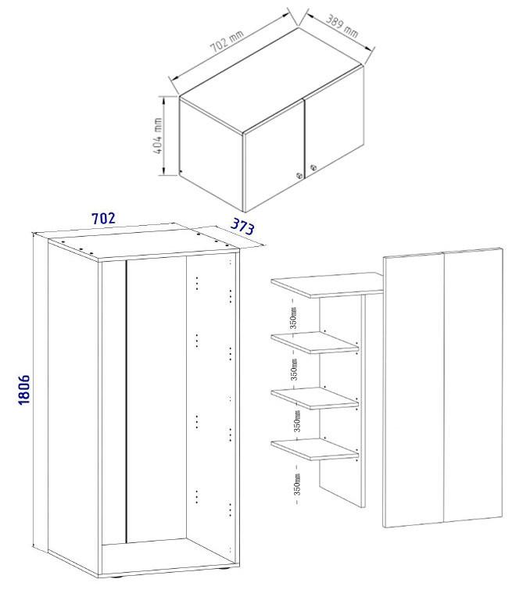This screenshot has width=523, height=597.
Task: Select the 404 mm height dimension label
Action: (x=159, y=136)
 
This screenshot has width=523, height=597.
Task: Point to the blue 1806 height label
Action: (x=23, y=389)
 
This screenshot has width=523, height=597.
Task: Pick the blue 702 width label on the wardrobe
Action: (x=103, y=219)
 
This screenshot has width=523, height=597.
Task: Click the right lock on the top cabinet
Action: (x=313, y=166)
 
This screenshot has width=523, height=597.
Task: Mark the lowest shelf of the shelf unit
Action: (x=314, y=449)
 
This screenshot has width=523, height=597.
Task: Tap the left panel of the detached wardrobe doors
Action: (x=414, y=391)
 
